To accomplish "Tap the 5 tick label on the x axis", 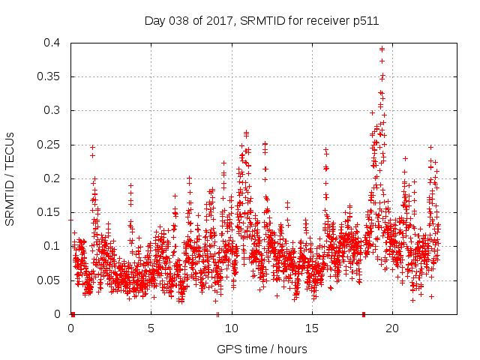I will (x=151, y=328).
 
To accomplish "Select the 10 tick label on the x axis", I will (x=232, y=328).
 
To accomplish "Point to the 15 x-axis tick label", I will (x=312, y=328).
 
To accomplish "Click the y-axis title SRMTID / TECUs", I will (x=10, y=178).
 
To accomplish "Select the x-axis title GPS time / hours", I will (x=262, y=349).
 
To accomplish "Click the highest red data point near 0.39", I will (x=382, y=49).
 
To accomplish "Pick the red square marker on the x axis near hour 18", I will (x=364, y=313).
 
